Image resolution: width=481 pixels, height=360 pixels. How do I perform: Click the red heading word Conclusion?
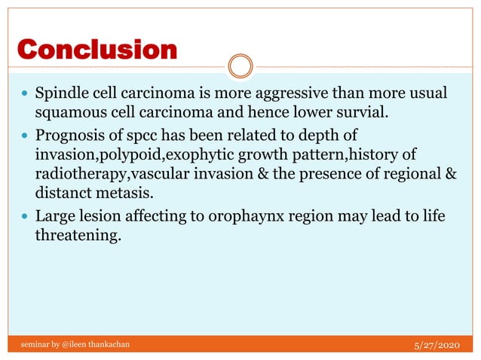(x=97, y=50)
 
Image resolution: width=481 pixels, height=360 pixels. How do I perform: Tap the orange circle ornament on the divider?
(x=240, y=66)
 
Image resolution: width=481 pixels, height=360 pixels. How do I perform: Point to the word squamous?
(x=66, y=114)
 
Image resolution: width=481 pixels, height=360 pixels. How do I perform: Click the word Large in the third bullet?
(x=54, y=218)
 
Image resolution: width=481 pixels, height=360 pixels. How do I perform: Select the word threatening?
(x=78, y=236)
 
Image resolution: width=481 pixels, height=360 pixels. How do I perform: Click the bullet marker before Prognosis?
(x=24, y=136)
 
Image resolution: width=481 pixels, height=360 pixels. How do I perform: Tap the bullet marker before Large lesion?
(x=24, y=218)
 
